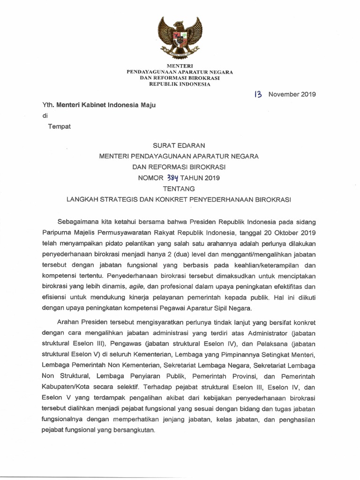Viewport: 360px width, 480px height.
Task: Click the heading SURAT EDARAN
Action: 180,146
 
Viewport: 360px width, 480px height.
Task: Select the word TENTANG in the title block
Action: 180,188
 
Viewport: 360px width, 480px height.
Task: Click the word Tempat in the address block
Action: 60,127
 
